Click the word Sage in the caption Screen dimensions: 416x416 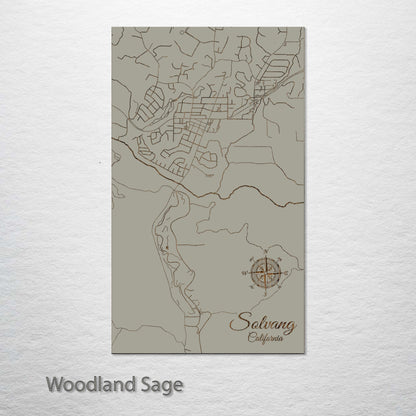coord(159,384)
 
